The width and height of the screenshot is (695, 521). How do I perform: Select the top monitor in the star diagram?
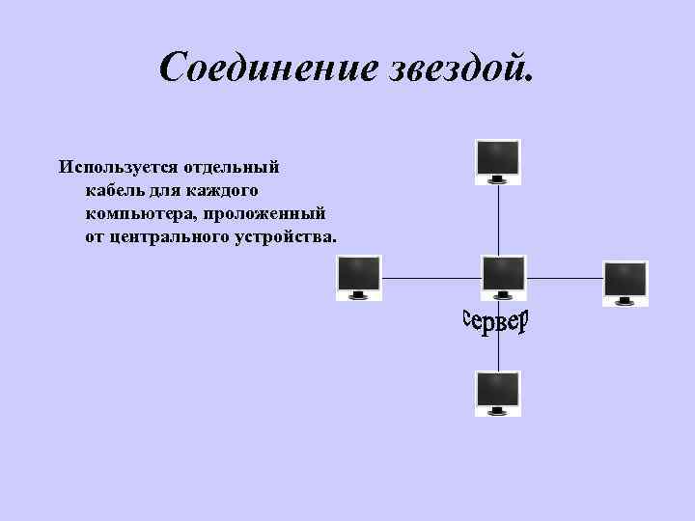498,158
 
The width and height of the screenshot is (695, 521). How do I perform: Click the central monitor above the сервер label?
503,276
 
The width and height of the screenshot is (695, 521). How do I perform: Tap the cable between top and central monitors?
498,219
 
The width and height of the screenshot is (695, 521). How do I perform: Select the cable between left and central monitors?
431,279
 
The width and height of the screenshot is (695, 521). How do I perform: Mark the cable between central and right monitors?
564,279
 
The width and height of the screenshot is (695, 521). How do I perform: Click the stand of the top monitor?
498,179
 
